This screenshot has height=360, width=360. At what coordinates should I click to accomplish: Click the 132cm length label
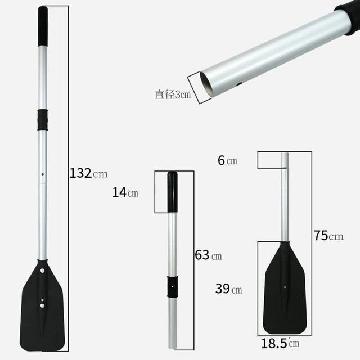pyautogui.click(x=88, y=173)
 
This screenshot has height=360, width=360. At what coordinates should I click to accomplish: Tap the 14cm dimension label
pyautogui.click(x=125, y=192)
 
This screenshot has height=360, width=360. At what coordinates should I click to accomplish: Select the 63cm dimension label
pyautogui.click(x=208, y=255)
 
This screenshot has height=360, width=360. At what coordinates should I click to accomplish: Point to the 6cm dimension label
pyautogui.click(x=227, y=160)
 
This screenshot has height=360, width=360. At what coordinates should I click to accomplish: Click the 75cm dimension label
pyautogui.click(x=328, y=236)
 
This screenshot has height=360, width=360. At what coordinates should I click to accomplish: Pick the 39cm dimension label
pyautogui.click(x=229, y=289)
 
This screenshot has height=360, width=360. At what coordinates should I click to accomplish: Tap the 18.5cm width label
pyautogui.click(x=280, y=344)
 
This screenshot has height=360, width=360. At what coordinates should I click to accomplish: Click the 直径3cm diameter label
pyautogui.click(x=173, y=94)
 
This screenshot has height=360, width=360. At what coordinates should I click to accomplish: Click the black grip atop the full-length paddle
pyautogui.click(x=43, y=26)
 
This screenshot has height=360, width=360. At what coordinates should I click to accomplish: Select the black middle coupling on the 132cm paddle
pyautogui.click(x=43, y=120)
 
